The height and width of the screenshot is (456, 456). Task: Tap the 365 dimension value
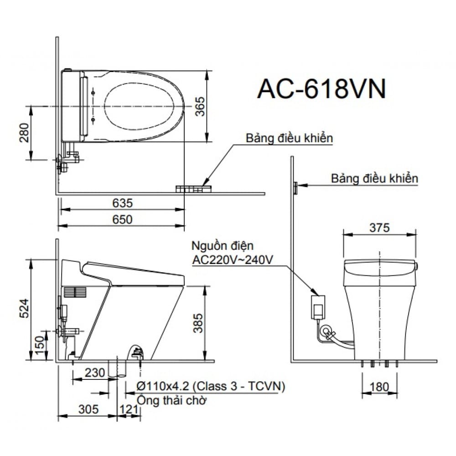click(x=199, y=107)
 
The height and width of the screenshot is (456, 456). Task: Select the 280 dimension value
click(x=26, y=133)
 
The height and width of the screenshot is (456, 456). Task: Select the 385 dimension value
click(x=199, y=323)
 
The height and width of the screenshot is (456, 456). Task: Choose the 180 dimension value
click(x=379, y=387)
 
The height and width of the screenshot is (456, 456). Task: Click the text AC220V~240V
click(x=233, y=260)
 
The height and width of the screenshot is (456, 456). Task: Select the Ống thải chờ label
click(x=172, y=400)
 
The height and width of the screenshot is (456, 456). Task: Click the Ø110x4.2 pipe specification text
click(x=211, y=387)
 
